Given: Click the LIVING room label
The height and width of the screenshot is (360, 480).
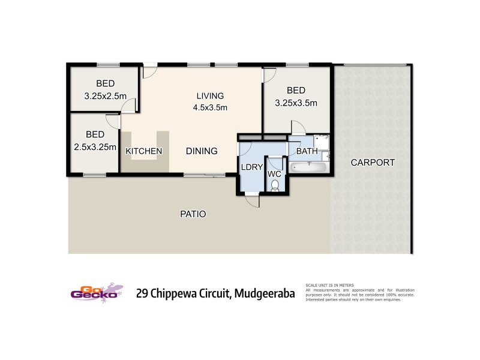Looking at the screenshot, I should tap(209, 95).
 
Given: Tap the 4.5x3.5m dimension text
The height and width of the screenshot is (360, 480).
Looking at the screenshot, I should tap(209, 108).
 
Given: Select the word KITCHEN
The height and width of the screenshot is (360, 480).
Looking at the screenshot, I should tap(143, 151).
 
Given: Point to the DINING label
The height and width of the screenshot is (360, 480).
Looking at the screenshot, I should tap(201, 151).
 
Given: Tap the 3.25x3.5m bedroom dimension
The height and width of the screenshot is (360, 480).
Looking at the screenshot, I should tap(296, 103).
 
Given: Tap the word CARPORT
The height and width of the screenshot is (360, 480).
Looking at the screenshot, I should tap(373, 162).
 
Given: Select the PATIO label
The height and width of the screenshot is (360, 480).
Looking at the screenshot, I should tap(193, 213).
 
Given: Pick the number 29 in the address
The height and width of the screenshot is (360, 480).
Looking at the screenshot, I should tap(143, 293).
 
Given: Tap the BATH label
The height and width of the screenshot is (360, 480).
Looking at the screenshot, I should tap(307, 151).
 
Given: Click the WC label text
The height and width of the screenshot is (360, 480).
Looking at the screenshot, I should tap(274, 174).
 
